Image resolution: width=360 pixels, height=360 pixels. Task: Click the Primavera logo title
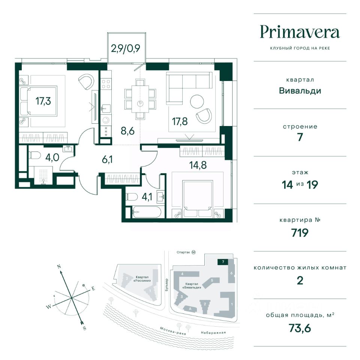point(300,33)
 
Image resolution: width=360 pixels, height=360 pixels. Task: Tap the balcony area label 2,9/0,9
point(125,48)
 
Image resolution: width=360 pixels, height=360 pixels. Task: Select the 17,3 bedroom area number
point(43,101)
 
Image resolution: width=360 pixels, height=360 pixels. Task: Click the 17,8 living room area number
point(180,121)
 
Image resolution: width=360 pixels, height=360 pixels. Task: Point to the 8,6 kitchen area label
point(127,131)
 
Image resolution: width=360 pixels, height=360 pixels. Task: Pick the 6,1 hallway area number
point(107,159)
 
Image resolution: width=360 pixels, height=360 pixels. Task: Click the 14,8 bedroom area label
point(198,165)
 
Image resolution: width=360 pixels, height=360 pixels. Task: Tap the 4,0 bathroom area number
point(52,157)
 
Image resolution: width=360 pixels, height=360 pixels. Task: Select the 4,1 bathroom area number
point(147,197)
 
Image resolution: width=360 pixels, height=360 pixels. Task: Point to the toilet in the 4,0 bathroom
point(34,155)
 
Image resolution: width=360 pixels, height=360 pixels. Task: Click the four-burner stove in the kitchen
point(106,84)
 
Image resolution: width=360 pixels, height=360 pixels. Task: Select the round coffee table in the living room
point(197,102)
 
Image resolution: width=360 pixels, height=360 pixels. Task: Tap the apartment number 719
point(300,233)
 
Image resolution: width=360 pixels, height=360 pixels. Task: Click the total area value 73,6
point(300,328)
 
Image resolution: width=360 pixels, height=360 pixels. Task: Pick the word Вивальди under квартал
point(300,91)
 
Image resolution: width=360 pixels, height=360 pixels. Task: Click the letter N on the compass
point(59,267)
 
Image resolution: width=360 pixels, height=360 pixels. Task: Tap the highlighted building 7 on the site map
point(223,262)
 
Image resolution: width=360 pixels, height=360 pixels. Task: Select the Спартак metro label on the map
point(183,252)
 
